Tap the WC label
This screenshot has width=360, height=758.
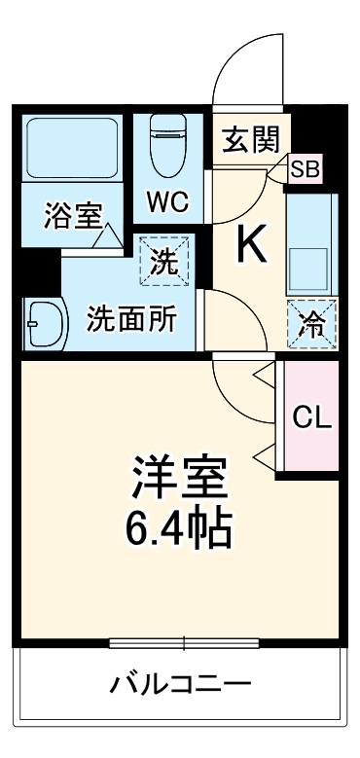[x=167, y=202]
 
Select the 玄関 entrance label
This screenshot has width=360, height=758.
[x=249, y=141]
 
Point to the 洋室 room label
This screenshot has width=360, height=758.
[x=180, y=478]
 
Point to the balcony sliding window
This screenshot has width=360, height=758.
[x=182, y=642]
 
